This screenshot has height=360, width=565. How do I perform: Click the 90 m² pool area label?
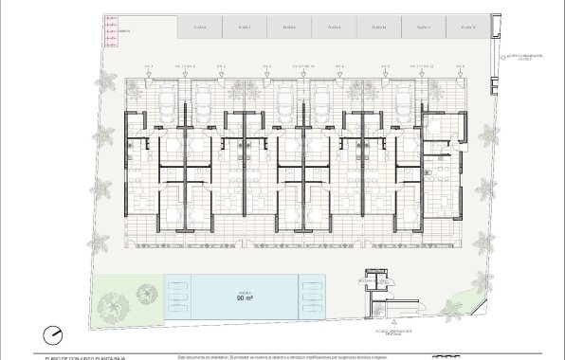[x=245, y=296]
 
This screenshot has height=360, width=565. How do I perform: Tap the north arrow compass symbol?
[x=53, y=334]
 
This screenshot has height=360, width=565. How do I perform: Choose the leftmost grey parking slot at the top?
[x=200, y=27]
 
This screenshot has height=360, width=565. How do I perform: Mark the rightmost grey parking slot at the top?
[x=467, y=27]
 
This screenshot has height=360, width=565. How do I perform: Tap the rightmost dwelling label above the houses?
[x=461, y=65]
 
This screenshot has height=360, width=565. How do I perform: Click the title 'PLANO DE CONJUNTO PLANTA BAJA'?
[x=85, y=357]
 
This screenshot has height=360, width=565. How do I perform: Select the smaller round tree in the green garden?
[x=146, y=295]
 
